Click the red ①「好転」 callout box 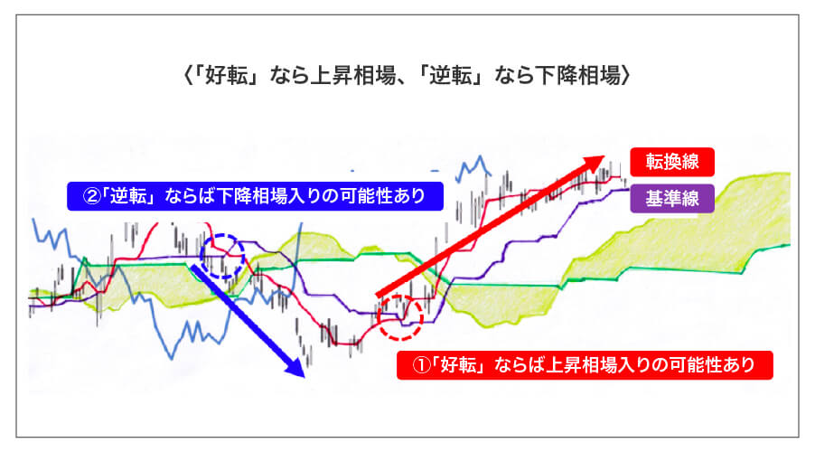(x=585, y=365)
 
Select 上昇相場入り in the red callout (x=603, y=365)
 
